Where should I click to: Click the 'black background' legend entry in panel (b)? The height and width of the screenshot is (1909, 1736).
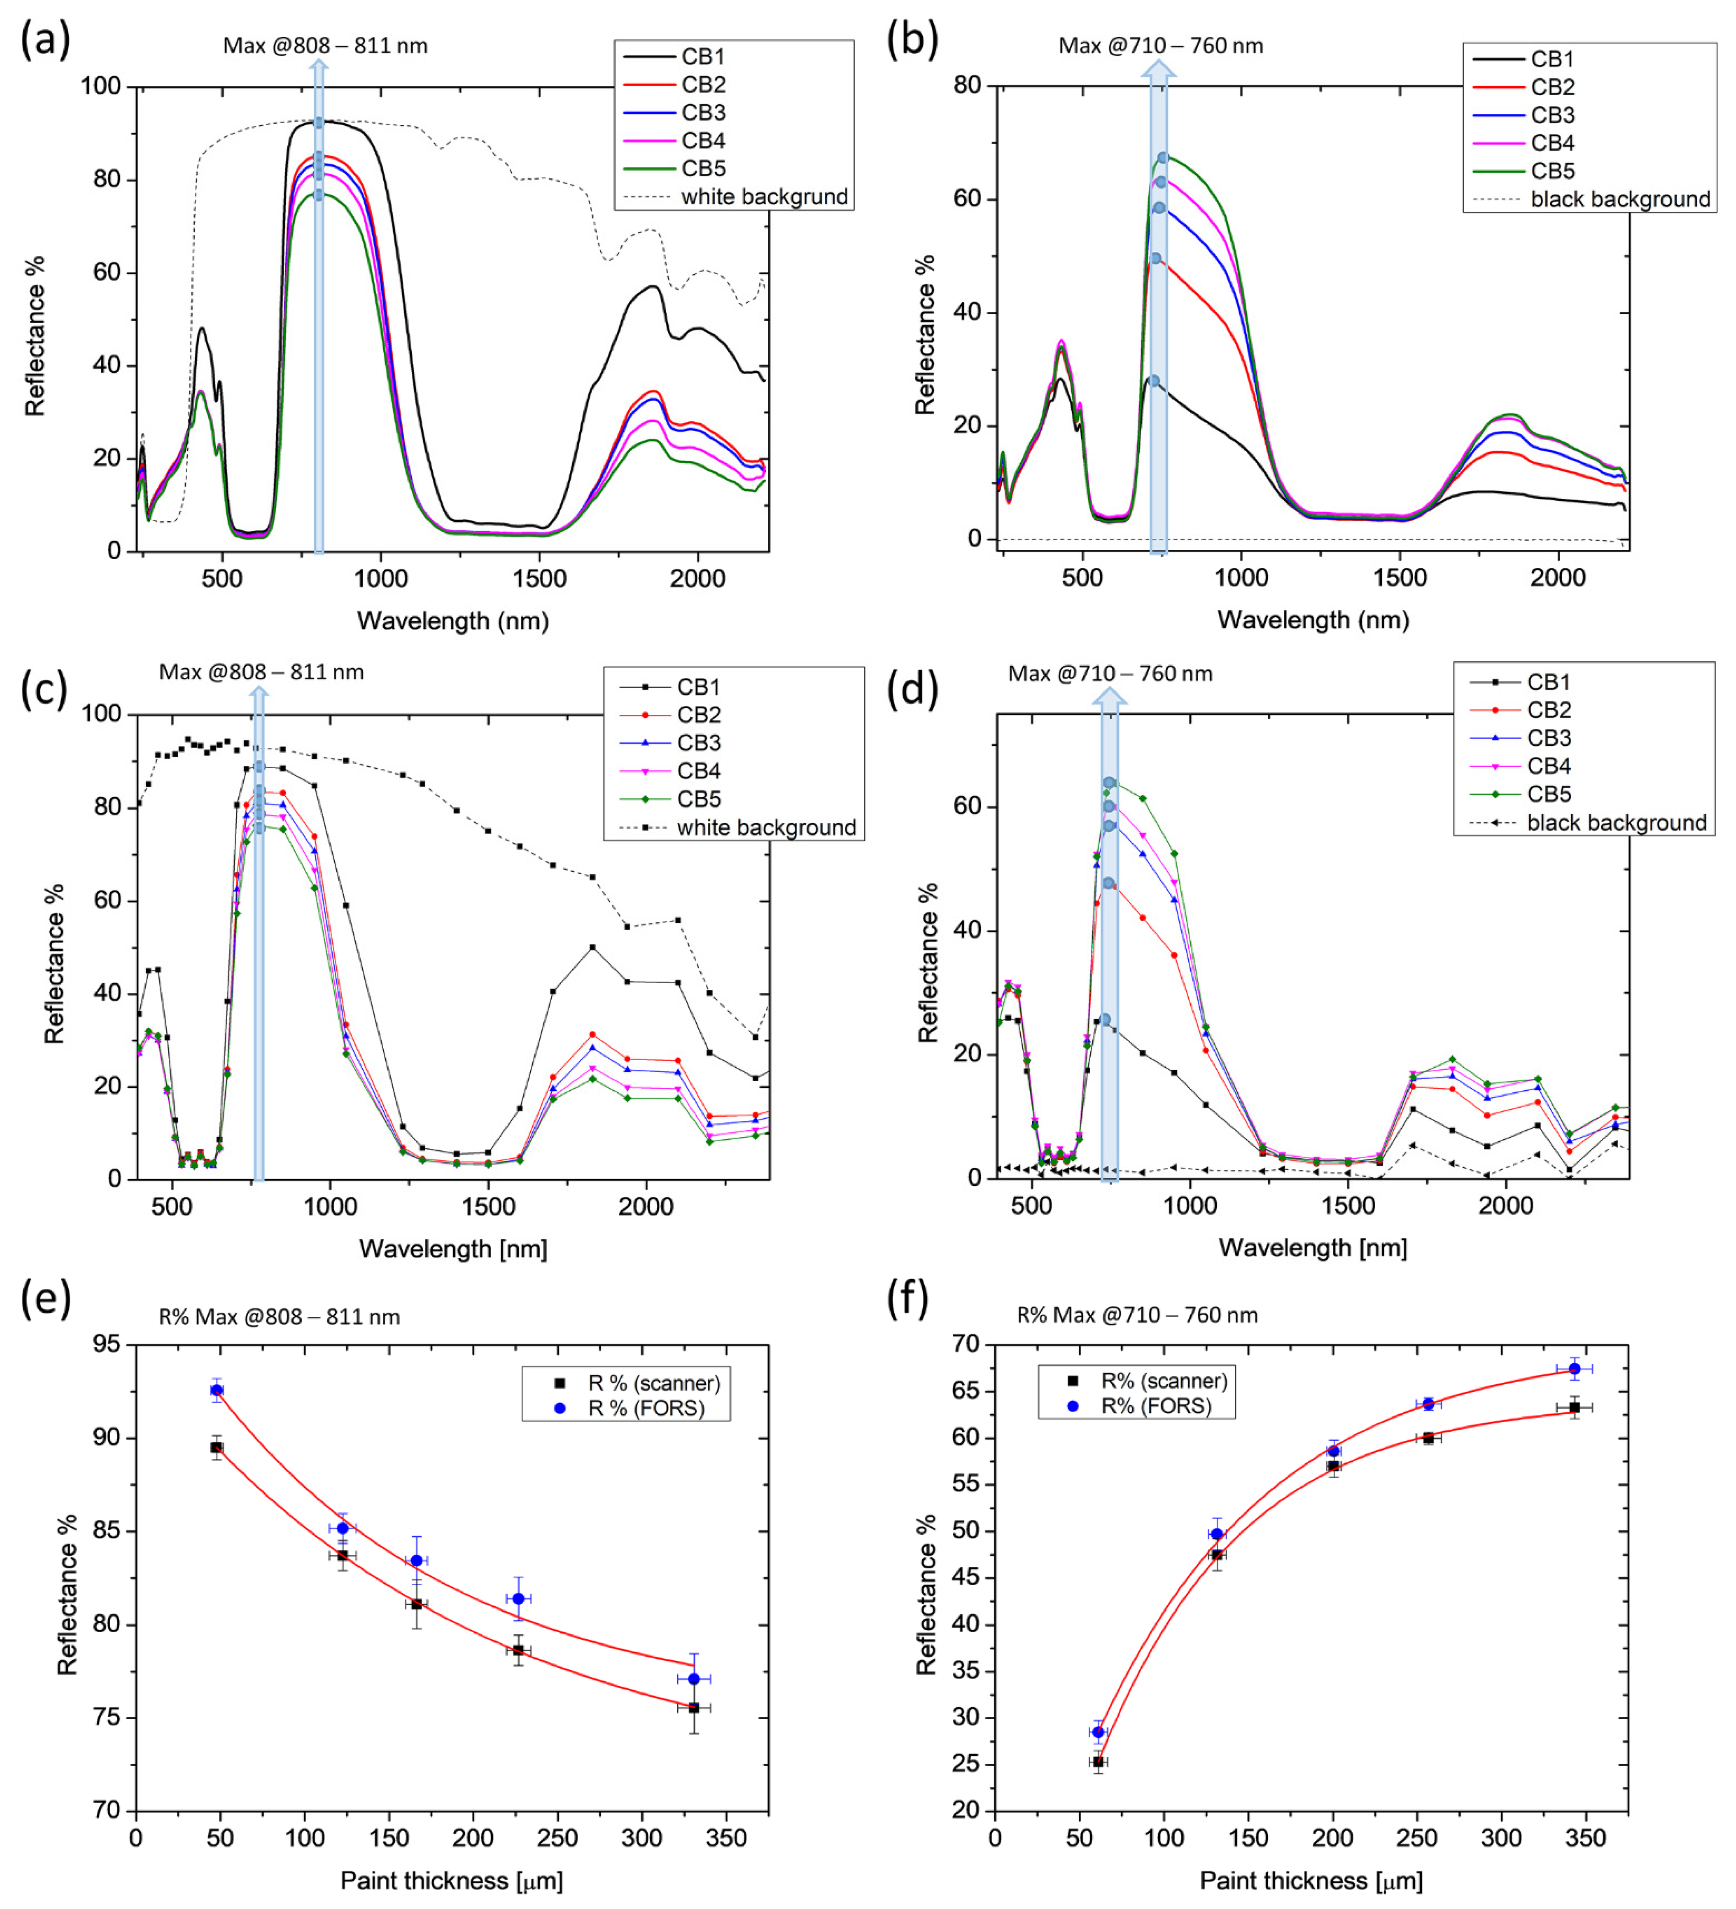coord(1591,199)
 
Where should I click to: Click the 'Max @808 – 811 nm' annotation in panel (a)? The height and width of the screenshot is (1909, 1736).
coord(325,45)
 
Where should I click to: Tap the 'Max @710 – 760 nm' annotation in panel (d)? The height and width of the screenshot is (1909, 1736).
coord(1110,673)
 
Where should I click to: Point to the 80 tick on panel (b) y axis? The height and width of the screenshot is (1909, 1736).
coord(968,85)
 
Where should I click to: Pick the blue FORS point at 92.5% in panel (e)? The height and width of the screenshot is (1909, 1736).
coord(217,1390)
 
